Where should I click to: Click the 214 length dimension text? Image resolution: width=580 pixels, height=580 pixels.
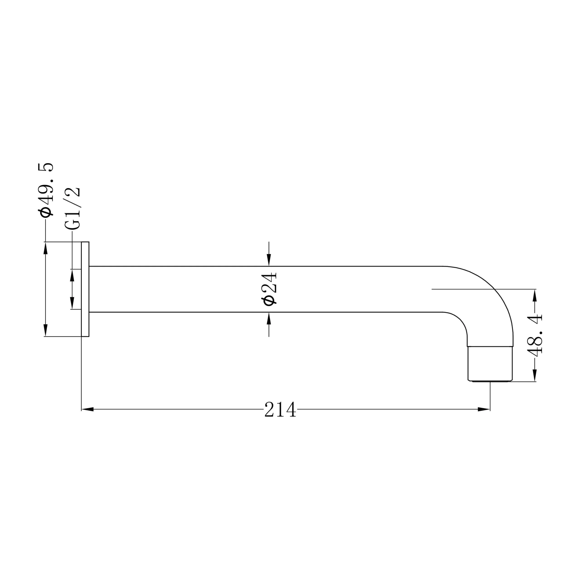pyautogui.click(x=280, y=409)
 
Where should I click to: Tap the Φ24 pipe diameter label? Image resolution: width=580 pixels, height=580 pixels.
pyautogui.click(x=269, y=289)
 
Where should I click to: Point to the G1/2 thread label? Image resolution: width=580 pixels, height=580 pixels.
pyautogui.click(x=72, y=208)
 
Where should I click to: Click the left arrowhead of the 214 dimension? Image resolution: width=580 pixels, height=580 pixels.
pyautogui.click(x=87, y=409)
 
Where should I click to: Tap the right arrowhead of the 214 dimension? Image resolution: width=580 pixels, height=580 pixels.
pyautogui.click(x=484, y=409)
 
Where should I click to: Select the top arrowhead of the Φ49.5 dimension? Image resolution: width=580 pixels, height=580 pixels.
pyautogui.click(x=46, y=248)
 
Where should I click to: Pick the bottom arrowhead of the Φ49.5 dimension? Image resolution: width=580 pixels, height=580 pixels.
pyautogui.click(x=46, y=330)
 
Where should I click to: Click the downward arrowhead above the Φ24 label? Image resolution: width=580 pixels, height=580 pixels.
pyautogui.click(x=269, y=260)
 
